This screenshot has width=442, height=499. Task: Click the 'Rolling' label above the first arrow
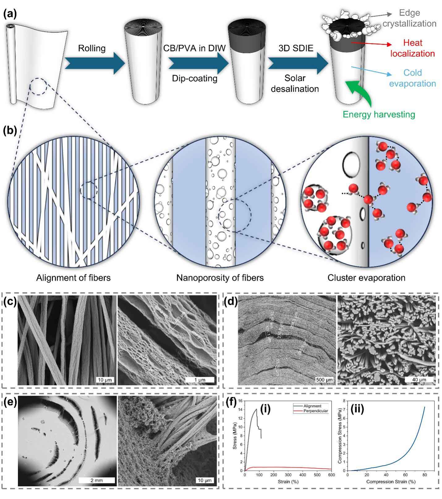tap(91, 49)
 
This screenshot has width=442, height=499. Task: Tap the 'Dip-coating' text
tap(194, 78)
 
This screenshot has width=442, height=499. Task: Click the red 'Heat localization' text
tap(412, 48)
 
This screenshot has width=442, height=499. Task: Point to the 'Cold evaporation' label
tap(412, 78)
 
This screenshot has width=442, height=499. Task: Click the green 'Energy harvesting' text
tap(379, 114)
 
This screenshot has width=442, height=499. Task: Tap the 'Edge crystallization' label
tap(409, 18)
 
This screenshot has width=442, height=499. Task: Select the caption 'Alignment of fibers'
tap(73, 278)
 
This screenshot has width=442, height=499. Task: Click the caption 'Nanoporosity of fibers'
tap(220, 278)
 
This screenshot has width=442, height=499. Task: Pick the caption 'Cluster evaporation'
tap(366, 278)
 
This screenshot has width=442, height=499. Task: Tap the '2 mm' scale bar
tap(97, 480)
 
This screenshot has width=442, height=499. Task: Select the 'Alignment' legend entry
tap(312, 406)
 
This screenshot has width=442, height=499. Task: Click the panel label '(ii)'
tap(357, 409)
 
